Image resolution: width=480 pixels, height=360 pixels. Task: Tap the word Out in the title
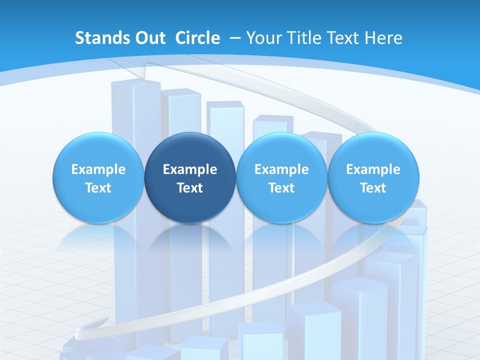tap(149, 38)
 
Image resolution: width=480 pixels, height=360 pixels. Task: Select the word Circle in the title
tap(197, 38)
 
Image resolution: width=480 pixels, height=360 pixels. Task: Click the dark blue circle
tap(190, 177)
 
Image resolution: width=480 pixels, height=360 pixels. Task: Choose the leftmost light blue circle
tap(98, 177)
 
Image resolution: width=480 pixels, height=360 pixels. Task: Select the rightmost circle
tap(373, 177)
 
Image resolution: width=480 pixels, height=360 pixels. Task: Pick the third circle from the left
tap(281, 177)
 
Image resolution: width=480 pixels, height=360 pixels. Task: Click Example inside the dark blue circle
tap(190, 169)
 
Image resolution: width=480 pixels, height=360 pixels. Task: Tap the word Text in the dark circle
tap(190, 188)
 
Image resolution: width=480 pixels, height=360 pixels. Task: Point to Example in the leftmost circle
tap(98, 169)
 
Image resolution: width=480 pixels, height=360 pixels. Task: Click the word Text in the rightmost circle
tap(373, 188)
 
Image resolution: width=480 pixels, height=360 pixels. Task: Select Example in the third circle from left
tap(281, 169)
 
